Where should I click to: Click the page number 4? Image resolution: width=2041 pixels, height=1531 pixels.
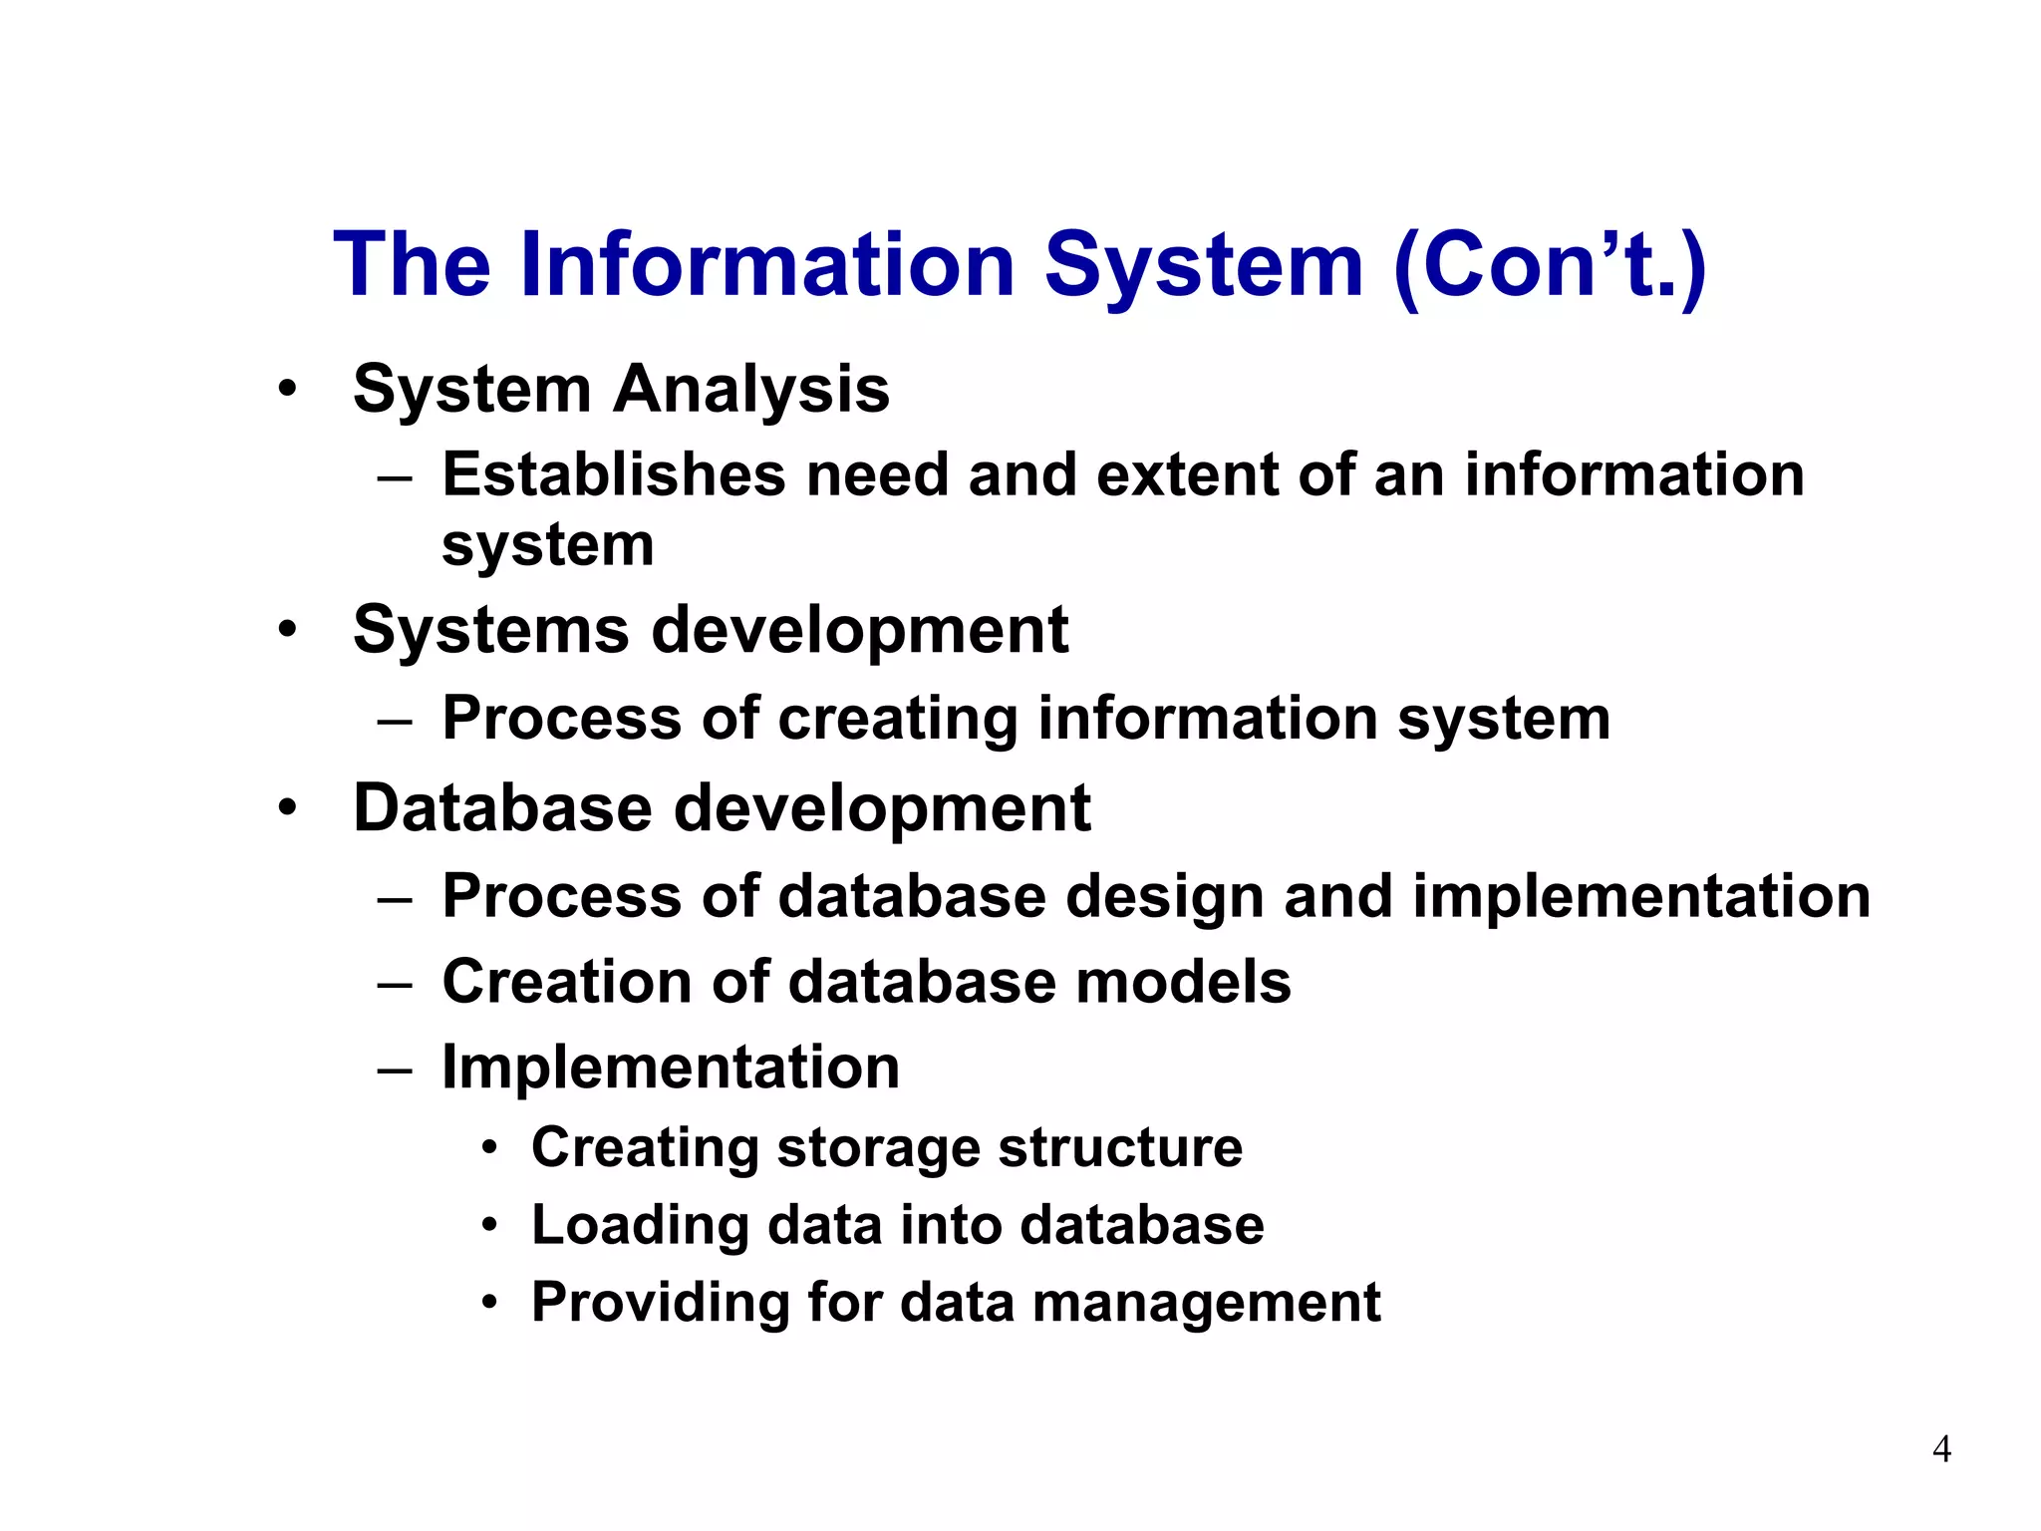coord(1941,1448)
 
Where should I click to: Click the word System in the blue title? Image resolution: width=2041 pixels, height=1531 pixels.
coord(1203,265)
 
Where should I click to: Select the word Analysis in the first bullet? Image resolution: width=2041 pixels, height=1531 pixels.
coord(750,389)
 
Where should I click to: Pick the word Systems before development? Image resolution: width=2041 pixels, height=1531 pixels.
coord(490,631)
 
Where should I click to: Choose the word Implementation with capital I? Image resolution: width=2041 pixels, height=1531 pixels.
coord(671,1068)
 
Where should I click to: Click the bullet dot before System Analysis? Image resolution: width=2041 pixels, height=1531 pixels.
coord(287,389)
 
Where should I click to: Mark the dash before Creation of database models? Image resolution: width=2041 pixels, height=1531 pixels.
coord(395,984)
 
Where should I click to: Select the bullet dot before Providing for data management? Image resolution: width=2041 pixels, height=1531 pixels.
coord(488,1302)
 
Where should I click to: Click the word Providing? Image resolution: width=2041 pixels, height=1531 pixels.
coord(659,1303)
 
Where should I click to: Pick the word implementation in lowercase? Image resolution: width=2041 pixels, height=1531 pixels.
coord(1641,896)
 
